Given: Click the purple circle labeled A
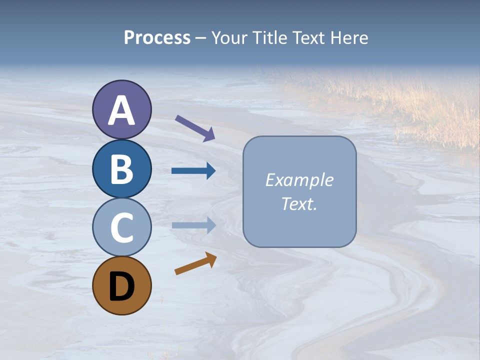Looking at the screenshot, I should (121, 109).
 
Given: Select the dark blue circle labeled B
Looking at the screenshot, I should (121, 168).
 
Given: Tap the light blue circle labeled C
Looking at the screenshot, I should (121, 227).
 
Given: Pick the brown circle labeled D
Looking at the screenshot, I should (121, 285).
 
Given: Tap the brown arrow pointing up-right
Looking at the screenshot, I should (195, 263).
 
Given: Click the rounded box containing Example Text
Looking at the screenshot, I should (299, 191).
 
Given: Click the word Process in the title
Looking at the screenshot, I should (157, 37).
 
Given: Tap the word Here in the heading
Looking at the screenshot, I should (350, 37).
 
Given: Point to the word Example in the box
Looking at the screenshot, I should (299, 180).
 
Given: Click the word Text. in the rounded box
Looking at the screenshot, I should (299, 203).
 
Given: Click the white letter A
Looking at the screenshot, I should (121, 110).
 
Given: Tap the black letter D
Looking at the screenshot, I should (121, 286).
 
